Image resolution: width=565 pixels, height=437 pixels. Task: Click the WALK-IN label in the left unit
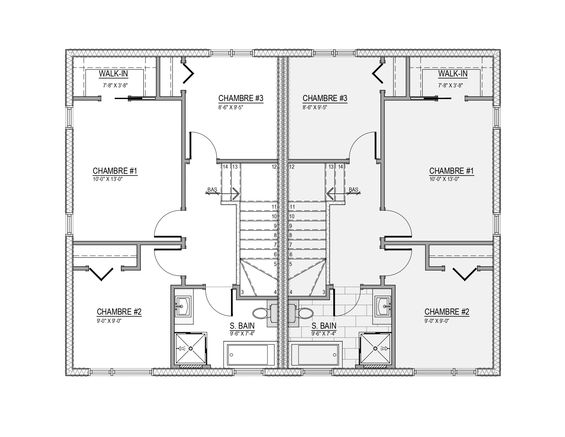[x=113, y=74]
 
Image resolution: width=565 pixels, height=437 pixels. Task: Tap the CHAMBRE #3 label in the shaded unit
[x=325, y=98]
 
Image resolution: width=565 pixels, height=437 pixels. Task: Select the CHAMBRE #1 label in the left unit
[x=115, y=171]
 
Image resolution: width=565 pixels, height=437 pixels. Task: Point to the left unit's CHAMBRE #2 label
[x=119, y=312]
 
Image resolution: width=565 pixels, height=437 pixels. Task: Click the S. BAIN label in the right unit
[x=324, y=326]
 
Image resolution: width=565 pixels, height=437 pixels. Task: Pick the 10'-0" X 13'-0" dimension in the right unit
[x=444, y=179]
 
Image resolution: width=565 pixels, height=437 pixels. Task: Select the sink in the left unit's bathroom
[x=183, y=306]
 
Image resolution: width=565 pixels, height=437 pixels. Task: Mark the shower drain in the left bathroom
[x=191, y=348]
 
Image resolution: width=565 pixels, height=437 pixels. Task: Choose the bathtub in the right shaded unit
[x=315, y=354]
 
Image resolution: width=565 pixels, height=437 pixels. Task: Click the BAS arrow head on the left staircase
[x=236, y=194]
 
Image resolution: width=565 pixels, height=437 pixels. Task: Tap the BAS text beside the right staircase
[x=353, y=190]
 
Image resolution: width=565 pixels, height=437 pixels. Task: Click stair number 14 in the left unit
[x=225, y=167]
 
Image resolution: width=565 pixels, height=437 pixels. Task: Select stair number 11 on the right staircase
[x=292, y=207]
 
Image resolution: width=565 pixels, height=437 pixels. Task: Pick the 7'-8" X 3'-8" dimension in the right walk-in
[x=451, y=85]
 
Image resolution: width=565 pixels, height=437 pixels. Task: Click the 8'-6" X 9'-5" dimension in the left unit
[x=231, y=107]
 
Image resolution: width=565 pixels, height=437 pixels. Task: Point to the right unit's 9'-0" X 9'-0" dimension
[x=437, y=321]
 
